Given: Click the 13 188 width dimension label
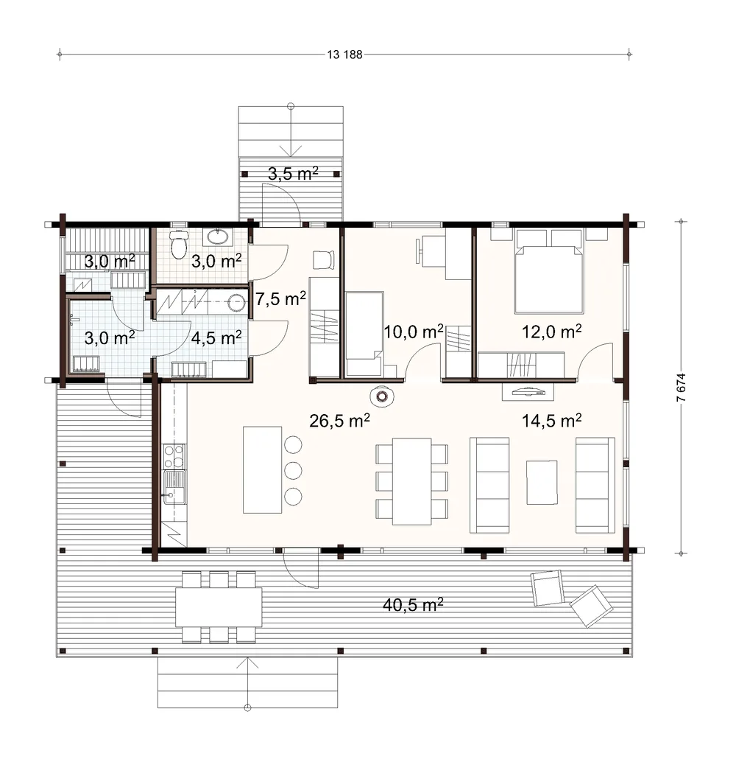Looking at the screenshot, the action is click(x=344, y=55).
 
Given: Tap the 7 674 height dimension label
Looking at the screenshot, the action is click(x=681, y=388).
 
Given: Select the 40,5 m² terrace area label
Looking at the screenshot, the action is click(x=413, y=604).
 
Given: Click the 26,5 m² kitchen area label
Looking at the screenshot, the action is click(x=339, y=420).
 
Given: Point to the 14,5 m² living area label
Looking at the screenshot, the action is click(x=551, y=420).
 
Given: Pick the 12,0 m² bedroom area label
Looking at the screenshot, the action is click(x=551, y=332).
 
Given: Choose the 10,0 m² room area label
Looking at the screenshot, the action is click(x=413, y=332).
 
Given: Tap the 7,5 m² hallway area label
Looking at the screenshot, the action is click(x=280, y=298).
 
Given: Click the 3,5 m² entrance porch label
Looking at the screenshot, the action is click(x=293, y=173).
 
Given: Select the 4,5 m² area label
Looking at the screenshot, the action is click(x=216, y=337).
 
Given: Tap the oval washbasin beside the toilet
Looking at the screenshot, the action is click(x=219, y=237).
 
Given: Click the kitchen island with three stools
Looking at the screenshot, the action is click(x=262, y=469).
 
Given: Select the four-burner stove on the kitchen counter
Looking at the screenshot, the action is click(x=174, y=456).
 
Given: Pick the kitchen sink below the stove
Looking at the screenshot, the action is click(x=174, y=487).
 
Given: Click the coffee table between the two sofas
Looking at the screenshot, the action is click(x=542, y=483).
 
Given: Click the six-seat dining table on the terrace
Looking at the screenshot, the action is click(x=219, y=607).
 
